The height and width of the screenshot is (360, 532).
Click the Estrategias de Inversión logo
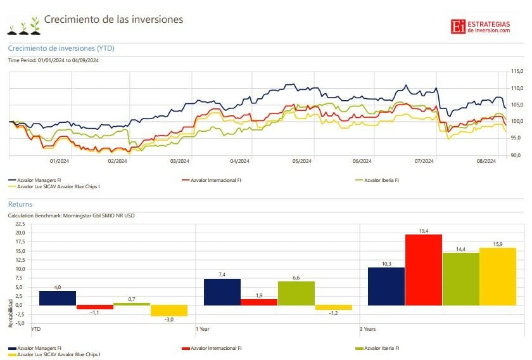[x=480, y=27]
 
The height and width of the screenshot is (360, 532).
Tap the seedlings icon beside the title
[x=23, y=25]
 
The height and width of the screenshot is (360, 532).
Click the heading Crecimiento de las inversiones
[x=113, y=20]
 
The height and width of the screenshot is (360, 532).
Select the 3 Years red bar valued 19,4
[x=424, y=270]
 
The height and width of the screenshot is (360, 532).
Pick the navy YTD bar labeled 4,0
[x=57, y=298]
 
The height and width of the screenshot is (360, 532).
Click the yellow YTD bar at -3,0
[x=169, y=311]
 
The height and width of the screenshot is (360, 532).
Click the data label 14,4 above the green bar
[x=460, y=249]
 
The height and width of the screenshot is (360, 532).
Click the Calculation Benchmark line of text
[x=71, y=215]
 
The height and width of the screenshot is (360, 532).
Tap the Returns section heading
[x=20, y=205]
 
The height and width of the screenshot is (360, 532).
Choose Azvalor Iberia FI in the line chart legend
[x=379, y=180]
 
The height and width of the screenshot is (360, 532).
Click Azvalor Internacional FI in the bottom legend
[x=212, y=348]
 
